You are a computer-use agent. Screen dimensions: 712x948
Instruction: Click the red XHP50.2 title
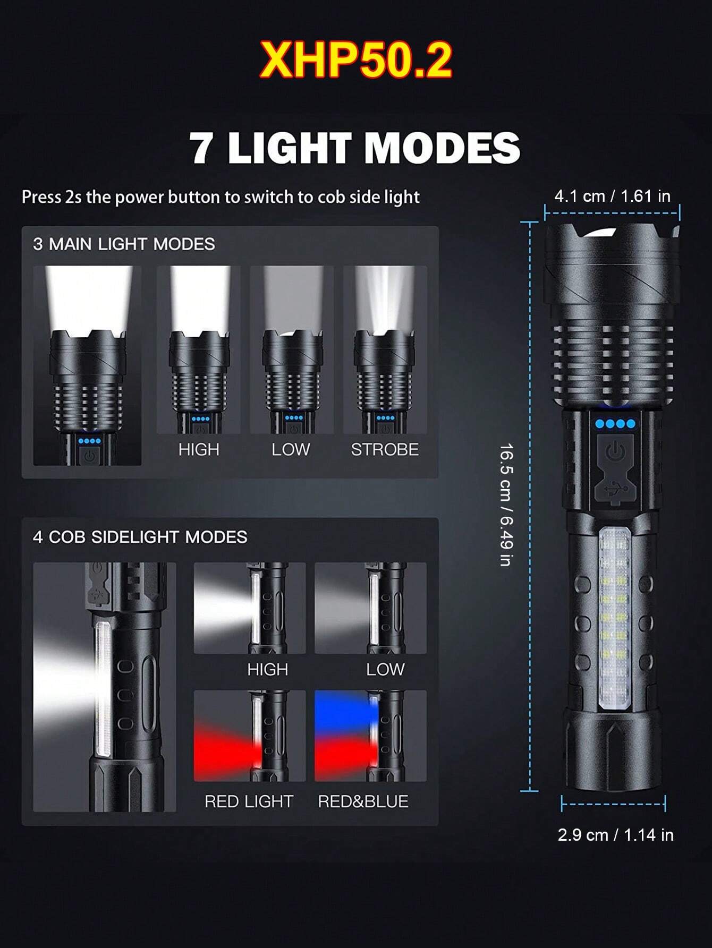[x=355, y=61]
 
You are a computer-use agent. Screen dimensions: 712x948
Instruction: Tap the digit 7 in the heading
[x=202, y=148]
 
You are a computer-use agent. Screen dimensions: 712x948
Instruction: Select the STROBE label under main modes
[x=385, y=450]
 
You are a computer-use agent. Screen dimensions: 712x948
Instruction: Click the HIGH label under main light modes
[x=199, y=450]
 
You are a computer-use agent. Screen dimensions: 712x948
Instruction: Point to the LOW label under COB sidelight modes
[x=385, y=669]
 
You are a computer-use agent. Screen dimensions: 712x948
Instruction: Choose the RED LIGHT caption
[x=249, y=801]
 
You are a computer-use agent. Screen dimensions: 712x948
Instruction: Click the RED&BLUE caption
[x=363, y=801]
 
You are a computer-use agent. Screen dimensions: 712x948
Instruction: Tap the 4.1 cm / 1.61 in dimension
[x=612, y=196]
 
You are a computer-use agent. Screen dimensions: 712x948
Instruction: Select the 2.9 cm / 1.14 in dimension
[x=615, y=835]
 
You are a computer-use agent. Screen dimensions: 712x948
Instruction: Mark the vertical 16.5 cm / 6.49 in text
[x=506, y=505]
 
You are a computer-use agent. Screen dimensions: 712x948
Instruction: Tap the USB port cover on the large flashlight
[x=615, y=488]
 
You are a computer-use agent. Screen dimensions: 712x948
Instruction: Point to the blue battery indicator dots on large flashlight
[x=615, y=424]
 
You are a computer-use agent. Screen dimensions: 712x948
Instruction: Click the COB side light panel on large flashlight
[x=615, y=619]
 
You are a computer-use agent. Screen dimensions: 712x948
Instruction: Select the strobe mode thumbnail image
[x=385, y=349]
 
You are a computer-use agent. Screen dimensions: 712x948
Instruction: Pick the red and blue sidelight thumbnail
[x=370, y=736]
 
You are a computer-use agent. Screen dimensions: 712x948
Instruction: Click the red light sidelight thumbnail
[x=249, y=736]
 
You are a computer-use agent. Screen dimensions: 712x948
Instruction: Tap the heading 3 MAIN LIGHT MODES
[x=124, y=244]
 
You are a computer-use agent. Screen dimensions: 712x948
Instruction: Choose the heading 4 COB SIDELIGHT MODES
[x=140, y=537]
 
